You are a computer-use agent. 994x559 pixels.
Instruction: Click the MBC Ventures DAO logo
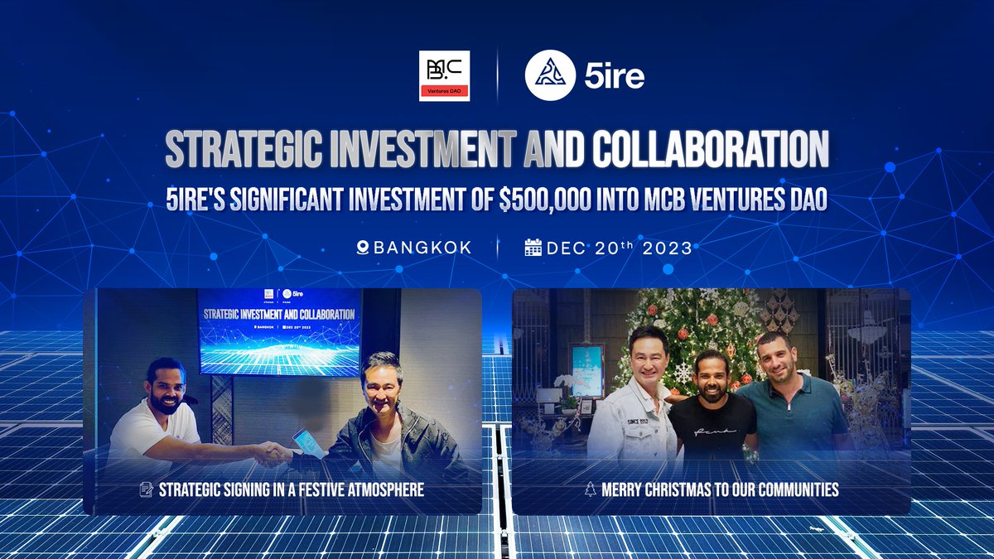click(x=444, y=76)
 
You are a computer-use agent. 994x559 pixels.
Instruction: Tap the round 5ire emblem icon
click(x=550, y=76)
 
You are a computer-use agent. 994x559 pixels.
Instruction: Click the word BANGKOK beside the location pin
click(x=422, y=248)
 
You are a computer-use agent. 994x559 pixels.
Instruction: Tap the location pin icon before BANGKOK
click(x=361, y=248)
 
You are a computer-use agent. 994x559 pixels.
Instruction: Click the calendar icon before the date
click(x=533, y=248)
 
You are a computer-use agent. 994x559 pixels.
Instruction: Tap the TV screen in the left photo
click(x=279, y=331)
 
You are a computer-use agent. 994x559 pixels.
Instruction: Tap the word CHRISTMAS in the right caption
click(x=677, y=489)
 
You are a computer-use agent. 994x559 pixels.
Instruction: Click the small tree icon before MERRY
click(x=590, y=489)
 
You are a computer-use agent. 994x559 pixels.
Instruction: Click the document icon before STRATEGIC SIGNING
click(x=146, y=489)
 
